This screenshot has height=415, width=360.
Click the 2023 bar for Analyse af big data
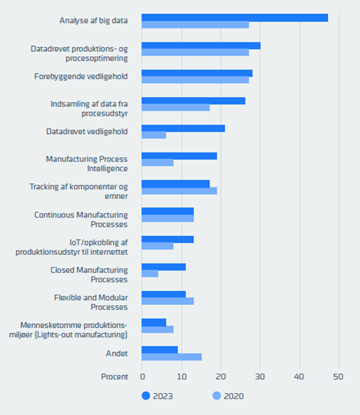[x=234, y=17]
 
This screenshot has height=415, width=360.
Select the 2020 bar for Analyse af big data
[x=195, y=25]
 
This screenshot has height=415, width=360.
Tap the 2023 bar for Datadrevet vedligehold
[x=183, y=128]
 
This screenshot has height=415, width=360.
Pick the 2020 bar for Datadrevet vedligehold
[x=154, y=135]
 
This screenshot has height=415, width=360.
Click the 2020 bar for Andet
[x=171, y=357]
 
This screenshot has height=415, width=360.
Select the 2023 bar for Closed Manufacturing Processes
[x=163, y=266]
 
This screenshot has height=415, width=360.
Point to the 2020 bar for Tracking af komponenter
[x=179, y=191]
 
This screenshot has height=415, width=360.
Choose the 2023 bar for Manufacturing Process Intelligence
[x=179, y=155]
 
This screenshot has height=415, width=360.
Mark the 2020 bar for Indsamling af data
[x=175, y=108]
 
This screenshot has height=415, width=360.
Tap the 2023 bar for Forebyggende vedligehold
[x=196, y=73]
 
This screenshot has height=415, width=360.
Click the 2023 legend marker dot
[x=146, y=396]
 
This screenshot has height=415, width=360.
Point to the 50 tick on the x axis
[x=339, y=376]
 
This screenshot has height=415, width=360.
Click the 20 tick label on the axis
[x=221, y=376]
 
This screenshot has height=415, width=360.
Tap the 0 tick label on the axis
[x=142, y=376]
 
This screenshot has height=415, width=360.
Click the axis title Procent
[x=114, y=376]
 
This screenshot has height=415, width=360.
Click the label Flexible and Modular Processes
[x=91, y=302]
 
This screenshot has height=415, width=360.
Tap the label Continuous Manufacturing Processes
[x=81, y=219]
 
